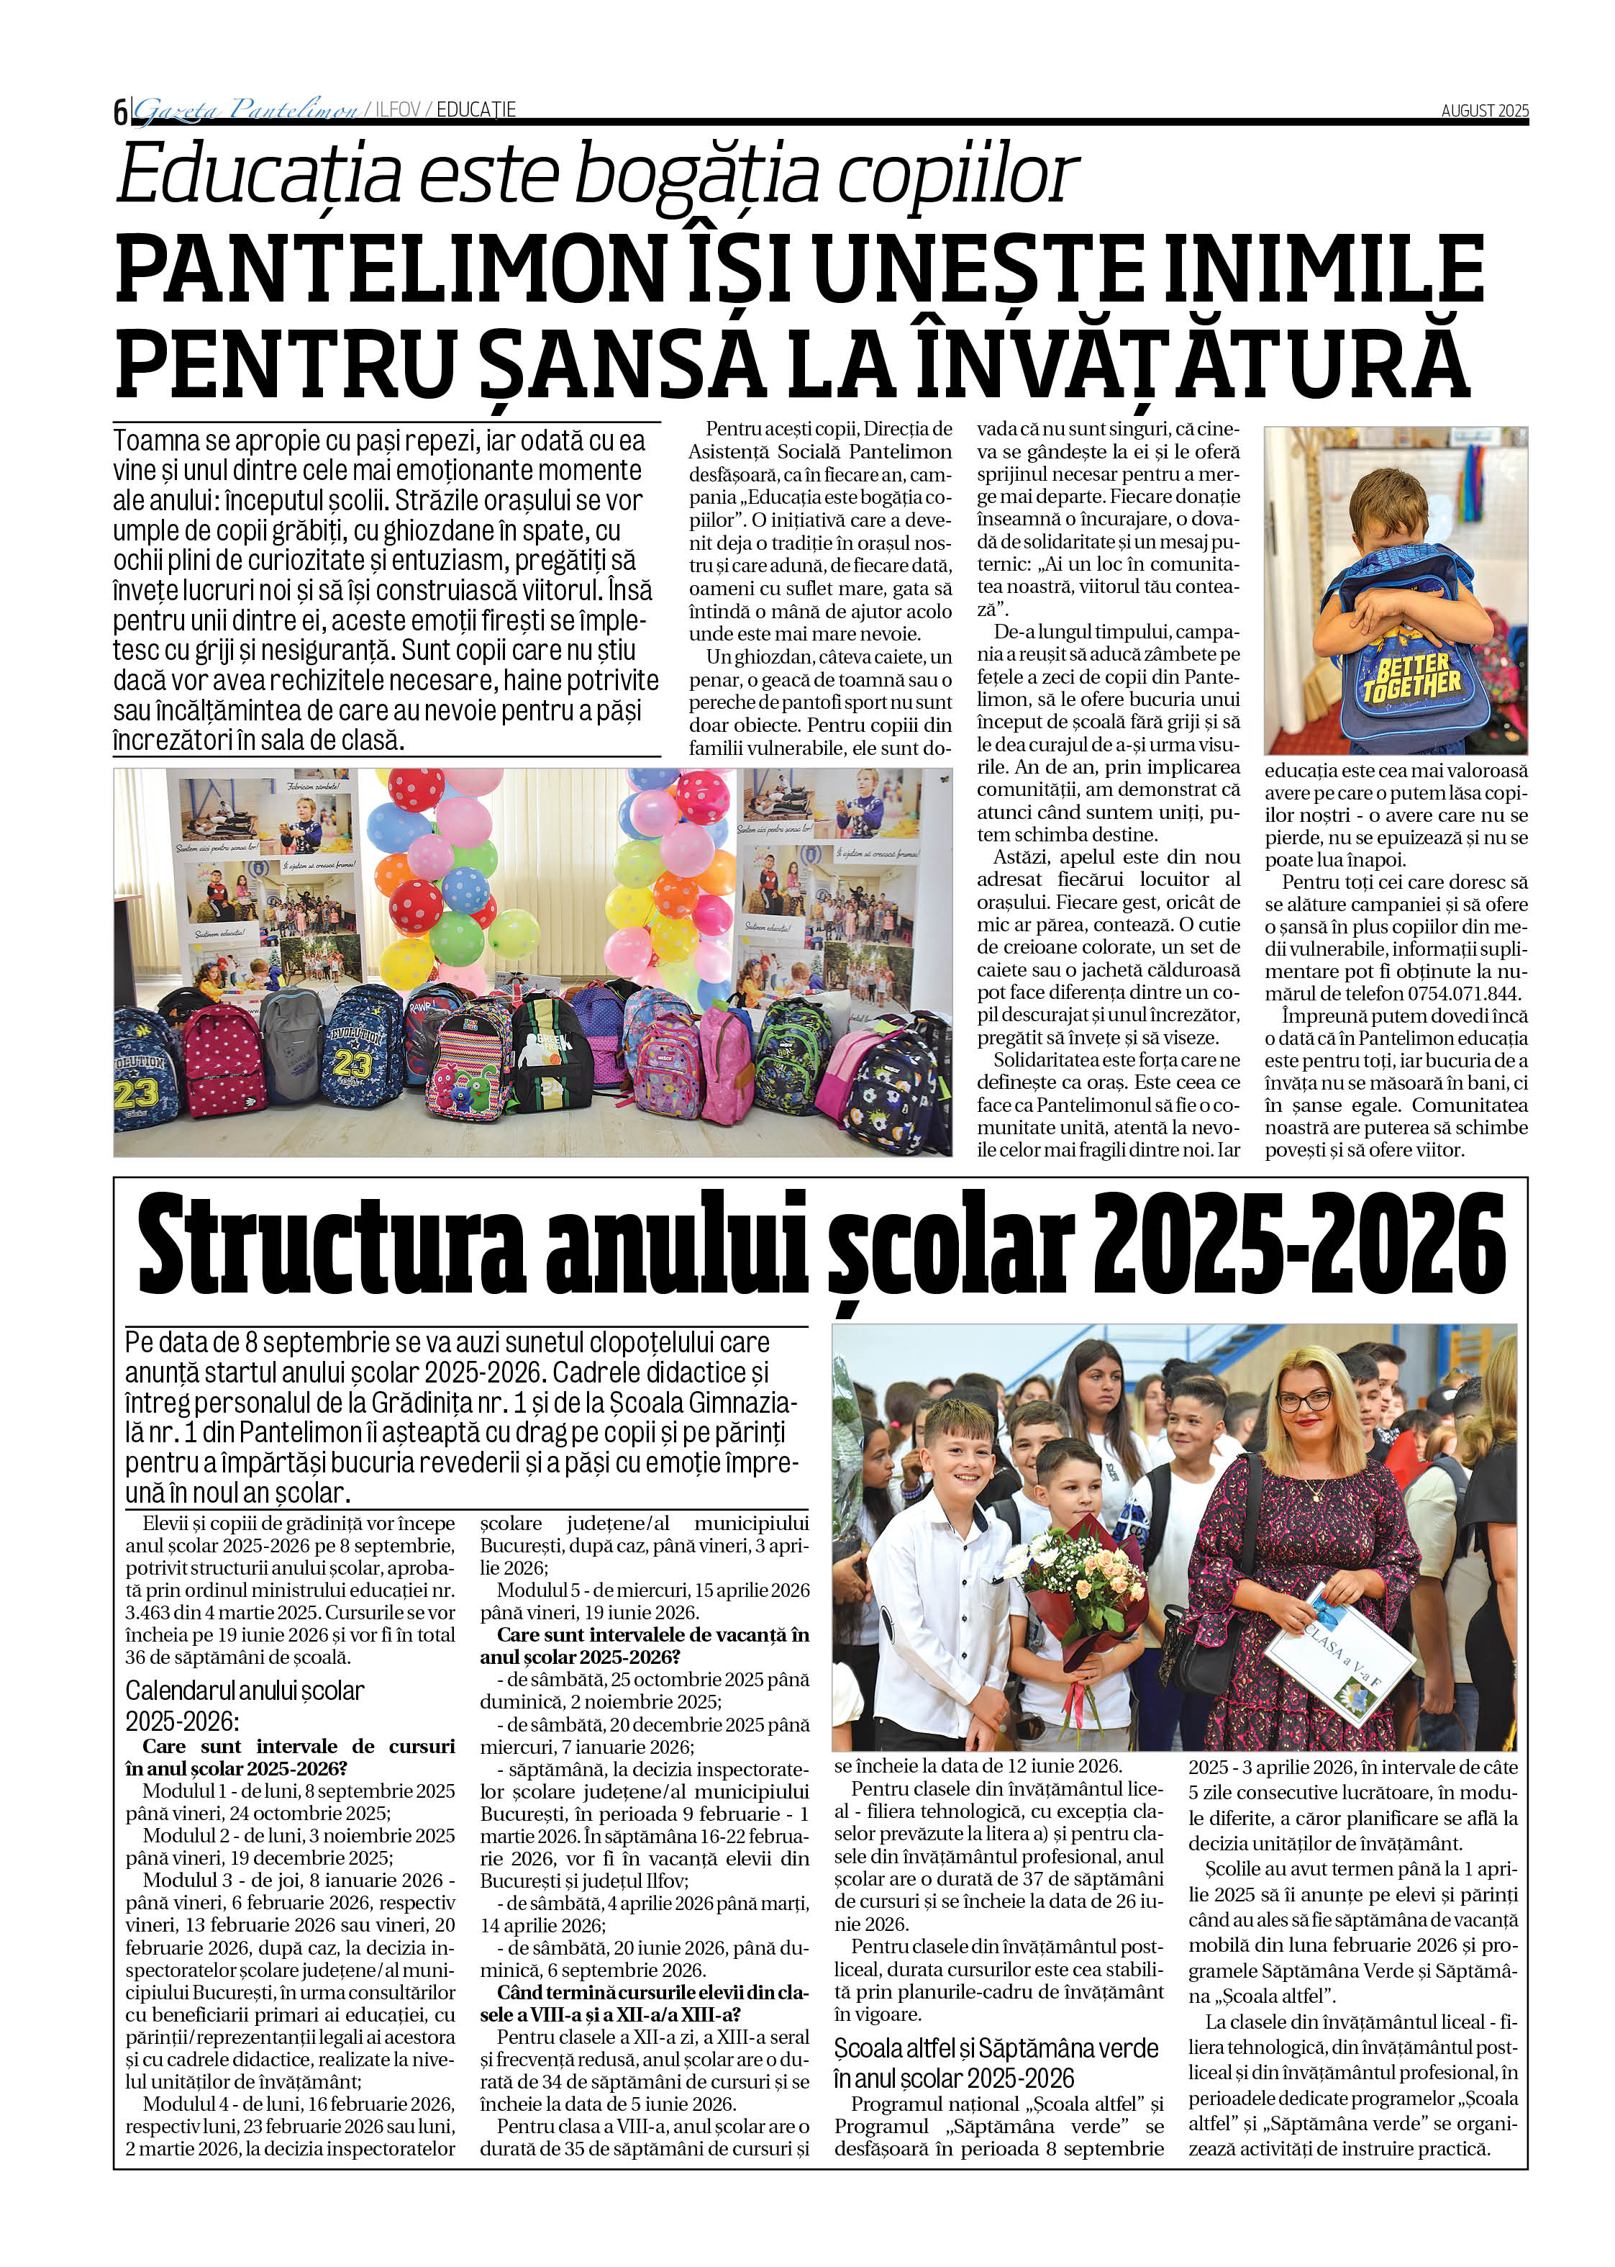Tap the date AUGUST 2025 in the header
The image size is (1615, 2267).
pos(1484,110)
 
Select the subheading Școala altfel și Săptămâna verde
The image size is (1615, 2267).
pos(996,2048)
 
